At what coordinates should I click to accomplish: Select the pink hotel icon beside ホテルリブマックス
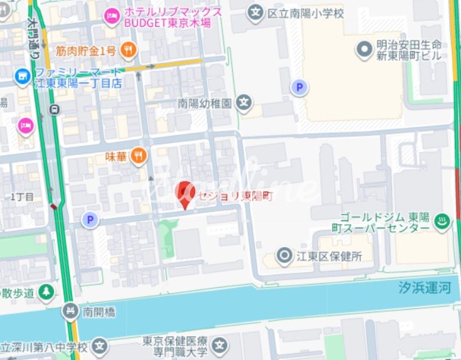coord(113,16)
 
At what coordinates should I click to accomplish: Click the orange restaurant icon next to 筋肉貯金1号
coord(129,50)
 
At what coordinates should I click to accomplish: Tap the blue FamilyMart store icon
coord(23,77)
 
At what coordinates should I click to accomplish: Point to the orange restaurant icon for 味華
coord(139,155)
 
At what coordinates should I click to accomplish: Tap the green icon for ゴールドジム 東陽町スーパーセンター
coord(443,220)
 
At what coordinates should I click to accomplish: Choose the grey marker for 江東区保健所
coord(285,255)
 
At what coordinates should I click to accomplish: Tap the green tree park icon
coord(46,292)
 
